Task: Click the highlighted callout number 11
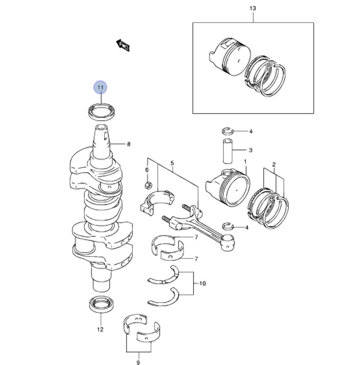point(100,87)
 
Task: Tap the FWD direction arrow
point(123,45)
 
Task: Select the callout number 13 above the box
point(253,8)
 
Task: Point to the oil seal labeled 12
point(102,305)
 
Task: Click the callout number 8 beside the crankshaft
point(129,144)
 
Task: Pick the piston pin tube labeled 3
point(228,151)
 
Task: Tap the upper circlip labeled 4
point(228,131)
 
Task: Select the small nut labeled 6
point(148,185)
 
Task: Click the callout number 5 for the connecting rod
point(172,163)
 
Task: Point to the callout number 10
point(203,284)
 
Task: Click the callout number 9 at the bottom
point(138,362)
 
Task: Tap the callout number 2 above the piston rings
point(274,165)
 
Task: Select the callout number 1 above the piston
point(245,161)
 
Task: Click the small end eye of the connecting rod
point(227,242)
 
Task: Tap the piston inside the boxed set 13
point(230,57)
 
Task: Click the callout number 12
point(100,329)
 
